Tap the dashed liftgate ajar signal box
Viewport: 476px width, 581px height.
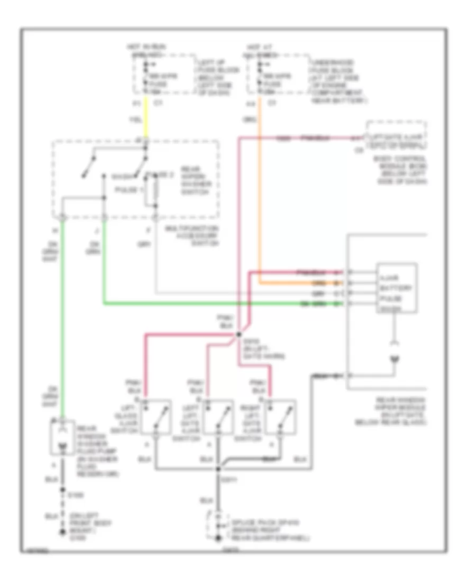pyautogui.click(x=396, y=135)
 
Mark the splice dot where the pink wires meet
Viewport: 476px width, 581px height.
pyautogui.click(x=239, y=334)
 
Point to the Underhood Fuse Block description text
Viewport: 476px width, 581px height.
pyautogui.click(x=338, y=81)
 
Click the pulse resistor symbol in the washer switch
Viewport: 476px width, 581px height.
pyautogui.click(x=155, y=190)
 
